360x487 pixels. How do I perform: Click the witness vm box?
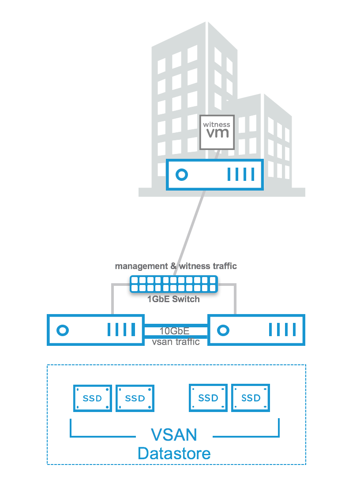[216, 131]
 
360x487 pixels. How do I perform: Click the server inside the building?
[214, 175]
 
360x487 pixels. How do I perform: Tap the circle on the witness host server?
[182, 175]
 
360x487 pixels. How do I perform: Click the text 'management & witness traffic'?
[176, 266]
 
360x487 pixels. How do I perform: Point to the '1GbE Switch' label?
[173, 299]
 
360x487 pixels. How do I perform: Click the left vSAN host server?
[96, 330]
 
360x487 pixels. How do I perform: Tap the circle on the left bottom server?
[63, 330]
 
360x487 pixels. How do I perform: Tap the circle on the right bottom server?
[224, 330]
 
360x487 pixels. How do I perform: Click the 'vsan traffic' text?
[176, 341]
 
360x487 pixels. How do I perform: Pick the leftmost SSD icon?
[92, 398]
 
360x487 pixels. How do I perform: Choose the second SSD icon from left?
[135, 398]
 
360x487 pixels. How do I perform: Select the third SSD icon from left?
[208, 398]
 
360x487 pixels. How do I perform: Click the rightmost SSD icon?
[251, 398]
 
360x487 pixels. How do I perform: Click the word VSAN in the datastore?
[174, 435]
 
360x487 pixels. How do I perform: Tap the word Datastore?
[174, 453]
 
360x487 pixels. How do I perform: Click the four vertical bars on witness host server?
[241, 175]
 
